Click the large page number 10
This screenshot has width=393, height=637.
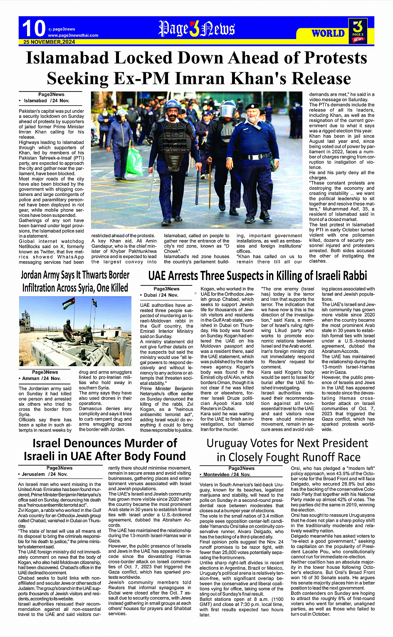[33, 29]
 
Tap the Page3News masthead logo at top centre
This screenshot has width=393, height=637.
[196, 29]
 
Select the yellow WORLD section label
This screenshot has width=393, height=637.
[328, 33]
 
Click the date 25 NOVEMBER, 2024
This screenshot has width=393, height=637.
[49, 42]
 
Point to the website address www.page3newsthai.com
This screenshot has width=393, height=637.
[73, 35]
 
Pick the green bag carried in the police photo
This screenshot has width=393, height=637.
[134, 160]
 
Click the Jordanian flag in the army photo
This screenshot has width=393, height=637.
[69, 303]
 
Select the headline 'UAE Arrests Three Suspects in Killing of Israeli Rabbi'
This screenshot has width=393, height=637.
[257, 275]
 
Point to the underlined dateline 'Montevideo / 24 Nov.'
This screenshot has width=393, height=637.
[227, 474]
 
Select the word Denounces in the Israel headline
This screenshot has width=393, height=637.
[105, 443]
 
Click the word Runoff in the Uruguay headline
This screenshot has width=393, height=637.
[303, 457]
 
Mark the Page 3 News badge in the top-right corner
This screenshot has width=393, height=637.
[357, 31]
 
